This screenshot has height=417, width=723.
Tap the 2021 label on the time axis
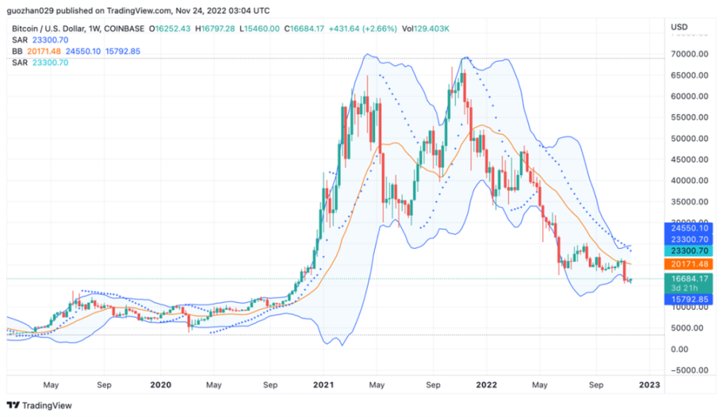(323, 385)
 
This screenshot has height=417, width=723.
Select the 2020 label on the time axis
(161, 385)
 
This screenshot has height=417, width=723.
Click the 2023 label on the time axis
(649, 385)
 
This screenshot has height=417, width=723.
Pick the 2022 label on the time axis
(486, 385)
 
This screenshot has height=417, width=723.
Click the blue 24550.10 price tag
(688, 229)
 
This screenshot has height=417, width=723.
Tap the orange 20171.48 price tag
(688, 264)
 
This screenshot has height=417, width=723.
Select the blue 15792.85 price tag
(688, 298)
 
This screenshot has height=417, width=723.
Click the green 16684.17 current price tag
(688, 278)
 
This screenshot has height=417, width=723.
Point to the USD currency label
(679, 28)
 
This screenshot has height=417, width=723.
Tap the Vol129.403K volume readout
(425, 29)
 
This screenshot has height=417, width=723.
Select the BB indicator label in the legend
(16, 51)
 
